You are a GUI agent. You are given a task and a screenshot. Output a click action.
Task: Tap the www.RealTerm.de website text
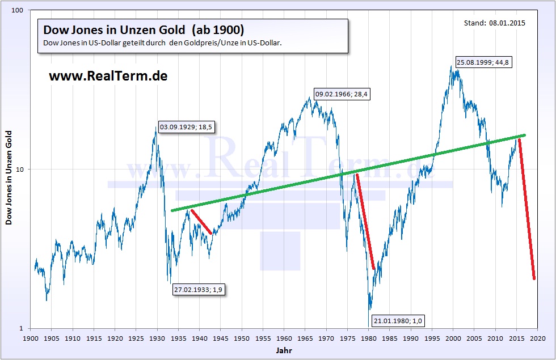pyautogui.click(x=108, y=75)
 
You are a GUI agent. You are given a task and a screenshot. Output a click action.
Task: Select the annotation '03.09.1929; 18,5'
pyautogui.click(x=186, y=128)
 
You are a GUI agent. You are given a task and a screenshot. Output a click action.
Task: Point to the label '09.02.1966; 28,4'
pyautogui.click(x=342, y=95)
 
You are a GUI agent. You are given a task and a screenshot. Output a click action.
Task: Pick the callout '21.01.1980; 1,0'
pyautogui.click(x=398, y=321)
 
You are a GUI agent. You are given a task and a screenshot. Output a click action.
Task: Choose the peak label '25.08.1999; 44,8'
pyautogui.click(x=483, y=62)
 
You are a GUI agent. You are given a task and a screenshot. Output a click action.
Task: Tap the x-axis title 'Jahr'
pyautogui.click(x=284, y=351)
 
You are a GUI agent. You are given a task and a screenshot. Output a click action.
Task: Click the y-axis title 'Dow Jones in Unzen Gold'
pyautogui.click(x=9, y=177)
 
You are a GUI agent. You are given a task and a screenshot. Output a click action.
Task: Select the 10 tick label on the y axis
pyautogui.click(x=23, y=170)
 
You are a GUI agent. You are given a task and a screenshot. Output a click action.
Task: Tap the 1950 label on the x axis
pyautogui.click(x=242, y=338)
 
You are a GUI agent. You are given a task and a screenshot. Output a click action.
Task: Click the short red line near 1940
pyautogui.click(x=201, y=222)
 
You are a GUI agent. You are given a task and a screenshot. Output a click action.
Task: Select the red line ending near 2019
pyautogui.click(x=527, y=210)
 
